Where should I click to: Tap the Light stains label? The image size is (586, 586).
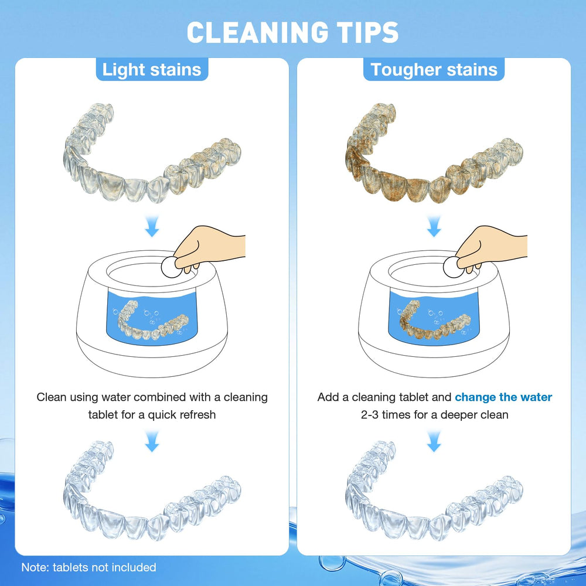pos(152,70)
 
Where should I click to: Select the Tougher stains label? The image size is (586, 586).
pos(434,70)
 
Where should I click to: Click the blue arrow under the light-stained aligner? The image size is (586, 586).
pos(152,227)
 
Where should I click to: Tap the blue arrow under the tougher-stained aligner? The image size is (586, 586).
pos(434,227)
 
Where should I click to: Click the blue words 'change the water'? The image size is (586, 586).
pos(503,397)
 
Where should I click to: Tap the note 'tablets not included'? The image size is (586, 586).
pos(89,567)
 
